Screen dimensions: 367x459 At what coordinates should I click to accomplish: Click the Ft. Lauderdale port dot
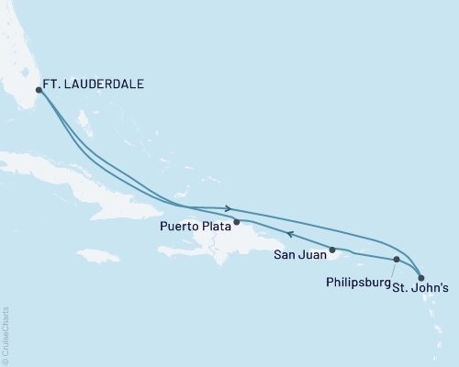pyautogui.click(x=39, y=90)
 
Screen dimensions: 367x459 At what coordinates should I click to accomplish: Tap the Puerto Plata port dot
pyautogui.click(x=237, y=221)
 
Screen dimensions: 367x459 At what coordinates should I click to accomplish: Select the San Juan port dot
pyautogui.click(x=332, y=249)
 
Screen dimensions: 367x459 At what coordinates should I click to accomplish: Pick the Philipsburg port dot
pyautogui.click(x=396, y=260)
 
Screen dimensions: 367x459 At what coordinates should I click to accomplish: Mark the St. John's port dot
pyautogui.click(x=420, y=276)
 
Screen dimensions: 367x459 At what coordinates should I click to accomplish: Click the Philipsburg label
pyautogui.click(x=358, y=284)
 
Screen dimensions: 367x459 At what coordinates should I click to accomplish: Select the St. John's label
pyautogui.click(x=421, y=287)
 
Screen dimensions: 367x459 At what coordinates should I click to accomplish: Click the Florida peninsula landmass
pyautogui.click(x=23, y=55)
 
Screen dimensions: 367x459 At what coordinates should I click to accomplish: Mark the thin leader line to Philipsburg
pyautogui.click(x=392, y=268)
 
